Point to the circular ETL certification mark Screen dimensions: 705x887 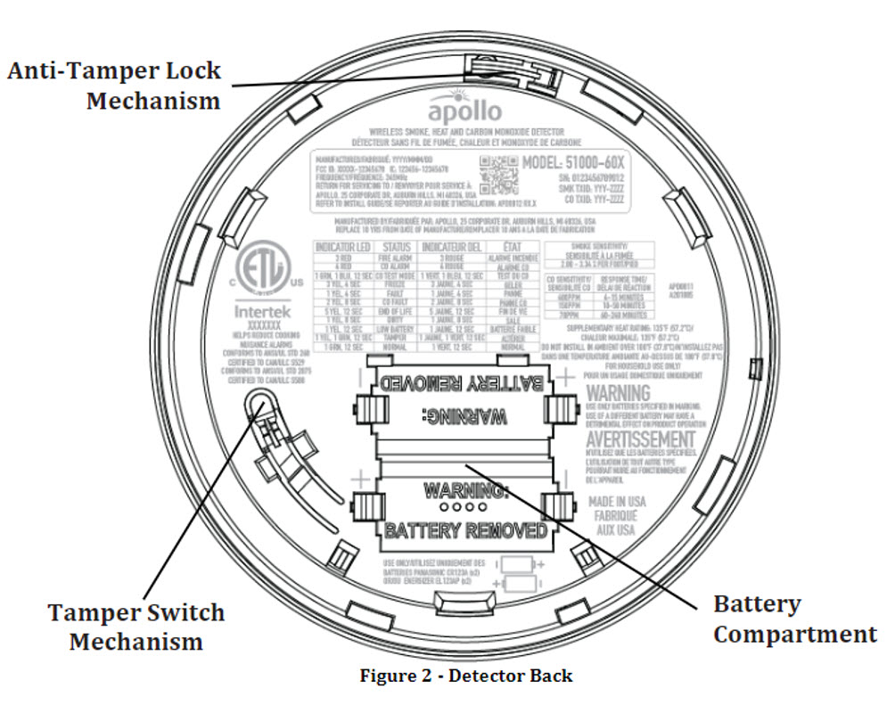[260, 269]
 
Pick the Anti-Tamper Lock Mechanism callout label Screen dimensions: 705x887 [114, 85]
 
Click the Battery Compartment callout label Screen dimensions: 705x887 [794, 619]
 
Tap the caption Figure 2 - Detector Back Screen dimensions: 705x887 [465, 676]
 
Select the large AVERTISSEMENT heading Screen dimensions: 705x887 [640, 440]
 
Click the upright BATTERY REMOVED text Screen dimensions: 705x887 [464, 530]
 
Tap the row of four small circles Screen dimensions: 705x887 [464, 508]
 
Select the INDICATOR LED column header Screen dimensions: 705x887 [341, 247]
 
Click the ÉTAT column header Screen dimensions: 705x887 [512, 247]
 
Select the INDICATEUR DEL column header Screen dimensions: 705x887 [452, 247]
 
